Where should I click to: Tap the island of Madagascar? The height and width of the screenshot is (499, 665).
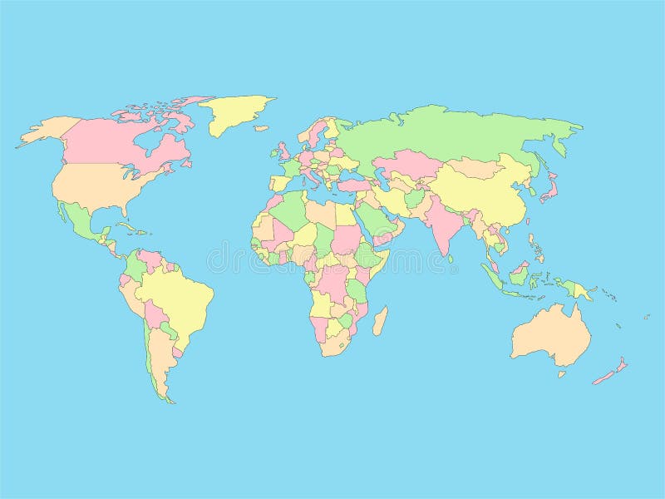pos(380,321)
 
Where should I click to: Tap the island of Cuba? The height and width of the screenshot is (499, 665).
pos(124,226)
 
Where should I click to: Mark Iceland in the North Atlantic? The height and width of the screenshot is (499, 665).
pos(261,128)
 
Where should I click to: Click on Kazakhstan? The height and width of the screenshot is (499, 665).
pos(407,161)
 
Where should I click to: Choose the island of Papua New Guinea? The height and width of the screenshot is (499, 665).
pos(581,291)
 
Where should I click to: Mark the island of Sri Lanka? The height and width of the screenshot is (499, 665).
pos(451,258)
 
